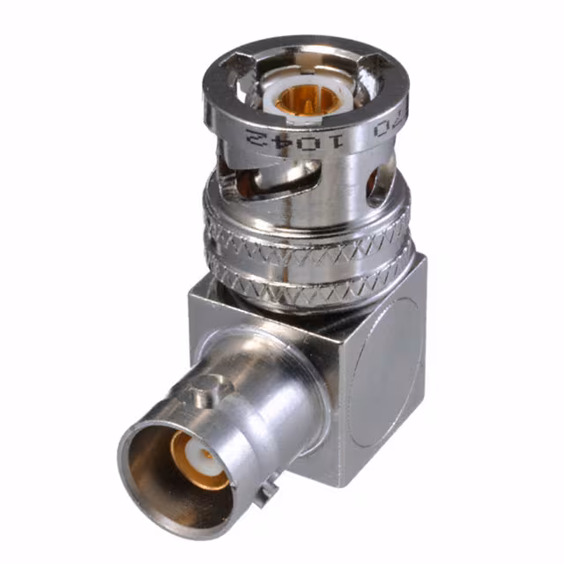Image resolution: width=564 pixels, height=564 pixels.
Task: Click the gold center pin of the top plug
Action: click(x=303, y=102)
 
